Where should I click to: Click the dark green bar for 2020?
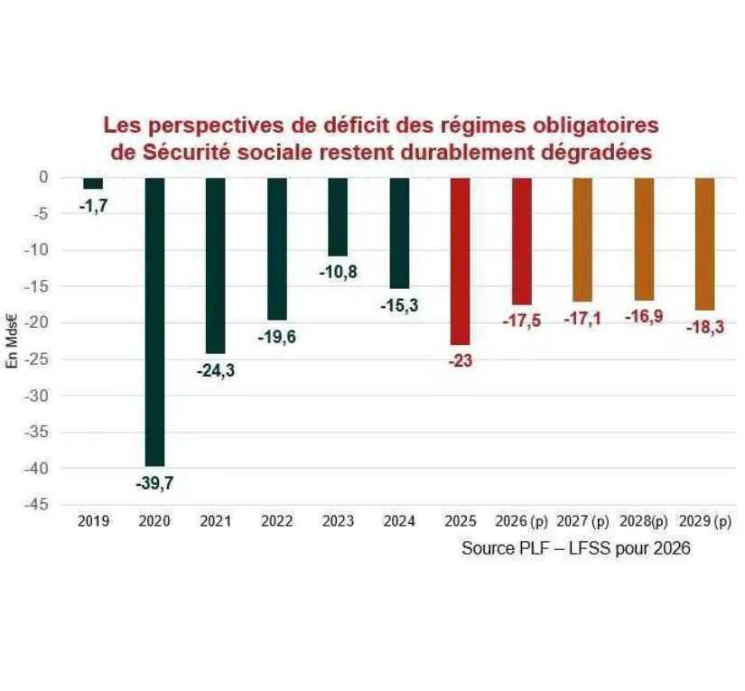(x=154, y=321)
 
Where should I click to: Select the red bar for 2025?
(x=460, y=261)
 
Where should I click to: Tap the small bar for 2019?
(x=93, y=183)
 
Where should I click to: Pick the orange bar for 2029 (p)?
(x=704, y=244)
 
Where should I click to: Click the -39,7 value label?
(x=154, y=483)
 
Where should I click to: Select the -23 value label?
(x=460, y=360)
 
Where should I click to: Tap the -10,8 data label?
(x=338, y=271)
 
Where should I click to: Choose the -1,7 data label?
(x=93, y=205)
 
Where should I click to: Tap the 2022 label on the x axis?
(x=276, y=521)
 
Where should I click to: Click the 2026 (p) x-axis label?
(x=521, y=521)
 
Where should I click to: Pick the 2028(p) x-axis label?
(x=643, y=521)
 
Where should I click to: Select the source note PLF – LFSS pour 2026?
(x=575, y=548)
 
